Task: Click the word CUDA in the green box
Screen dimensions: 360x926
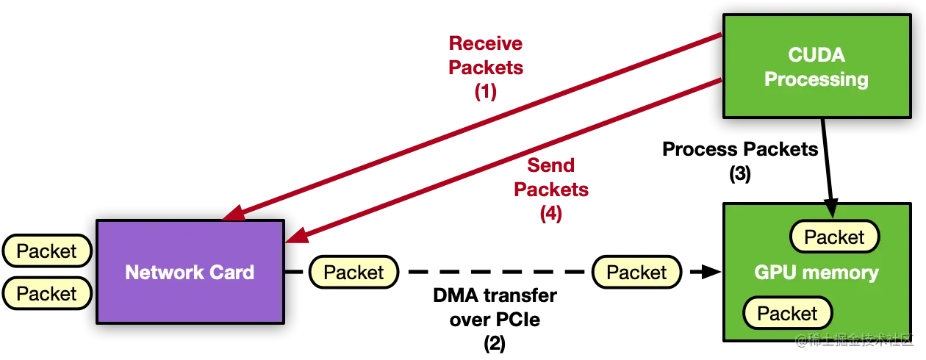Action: coord(816,55)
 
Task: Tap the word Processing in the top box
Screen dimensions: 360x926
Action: coord(816,79)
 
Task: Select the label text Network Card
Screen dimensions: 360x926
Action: coord(190,273)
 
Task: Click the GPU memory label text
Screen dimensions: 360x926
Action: coord(816,273)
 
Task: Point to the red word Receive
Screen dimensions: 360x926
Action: coord(485,43)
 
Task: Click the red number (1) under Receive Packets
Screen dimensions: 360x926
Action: coord(485,93)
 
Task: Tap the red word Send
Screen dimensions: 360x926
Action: coord(550,165)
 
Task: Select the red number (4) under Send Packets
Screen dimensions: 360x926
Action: coord(550,214)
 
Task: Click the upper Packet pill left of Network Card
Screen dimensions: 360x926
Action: coord(46,251)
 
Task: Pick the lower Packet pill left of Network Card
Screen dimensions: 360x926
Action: coord(46,294)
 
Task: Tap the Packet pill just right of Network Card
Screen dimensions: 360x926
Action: coord(353,273)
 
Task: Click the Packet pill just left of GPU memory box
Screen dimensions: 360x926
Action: coord(636,273)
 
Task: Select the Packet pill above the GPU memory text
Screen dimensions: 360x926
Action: coord(834,237)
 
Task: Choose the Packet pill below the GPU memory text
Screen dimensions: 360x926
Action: coord(787,314)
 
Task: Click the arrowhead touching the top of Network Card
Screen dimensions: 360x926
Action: coord(233,213)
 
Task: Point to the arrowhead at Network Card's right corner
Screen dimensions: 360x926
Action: coord(295,236)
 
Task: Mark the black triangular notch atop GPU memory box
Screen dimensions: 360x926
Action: coord(831,210)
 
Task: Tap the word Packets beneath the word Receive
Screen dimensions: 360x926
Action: coord(485,68)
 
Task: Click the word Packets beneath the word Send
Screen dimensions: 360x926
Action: coord(550,190)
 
